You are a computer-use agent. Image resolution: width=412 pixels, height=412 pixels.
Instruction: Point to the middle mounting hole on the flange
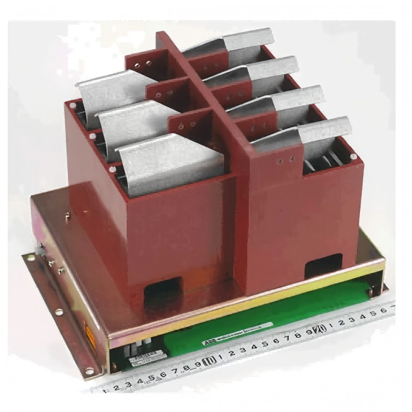coord(58,311)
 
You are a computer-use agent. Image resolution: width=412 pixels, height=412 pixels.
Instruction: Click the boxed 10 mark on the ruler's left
coord(210,361)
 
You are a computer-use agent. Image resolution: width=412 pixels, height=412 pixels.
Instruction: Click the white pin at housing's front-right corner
coord(354,156)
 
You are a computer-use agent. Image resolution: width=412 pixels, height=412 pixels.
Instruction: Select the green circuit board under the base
coord(268,319)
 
